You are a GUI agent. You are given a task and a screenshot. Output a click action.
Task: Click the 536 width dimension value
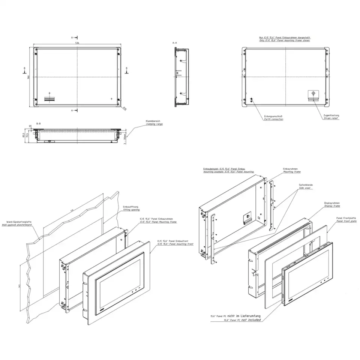pos(77,43)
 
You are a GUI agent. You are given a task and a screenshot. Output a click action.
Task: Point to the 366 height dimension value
pos(28,78)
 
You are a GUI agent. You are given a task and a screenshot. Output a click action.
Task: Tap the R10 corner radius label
pos(124,108)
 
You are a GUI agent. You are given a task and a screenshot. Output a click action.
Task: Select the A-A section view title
pos(174,43)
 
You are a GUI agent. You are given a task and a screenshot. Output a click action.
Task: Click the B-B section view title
pos(39,123)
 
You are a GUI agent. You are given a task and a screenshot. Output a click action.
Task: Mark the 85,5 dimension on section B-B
pos(23,135)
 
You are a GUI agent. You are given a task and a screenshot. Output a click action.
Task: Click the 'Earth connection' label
pos(273,119)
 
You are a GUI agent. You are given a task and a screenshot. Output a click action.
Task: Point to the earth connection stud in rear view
pos(251,99)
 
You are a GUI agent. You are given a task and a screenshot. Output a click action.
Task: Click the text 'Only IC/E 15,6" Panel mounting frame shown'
pos(285,40)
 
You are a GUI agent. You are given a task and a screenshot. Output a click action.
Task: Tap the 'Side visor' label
pos(306,188)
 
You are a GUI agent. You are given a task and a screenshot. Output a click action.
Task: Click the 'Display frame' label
pos(332,206)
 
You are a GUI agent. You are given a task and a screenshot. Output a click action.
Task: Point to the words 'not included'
pos(252,320)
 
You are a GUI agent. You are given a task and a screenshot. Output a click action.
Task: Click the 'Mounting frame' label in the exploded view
pos(291,172)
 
